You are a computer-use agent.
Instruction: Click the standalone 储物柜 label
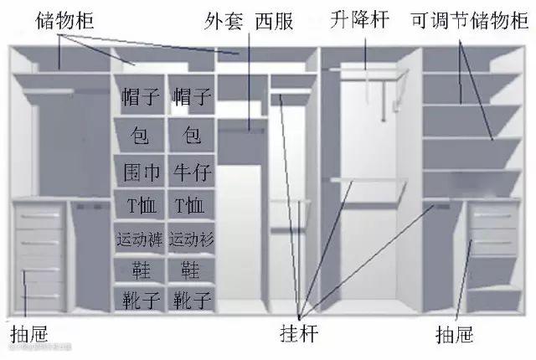(64, 20)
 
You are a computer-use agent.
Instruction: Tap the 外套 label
(224, 20)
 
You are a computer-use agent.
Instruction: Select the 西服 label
(275, 20)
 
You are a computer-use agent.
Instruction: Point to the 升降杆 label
(359, 20)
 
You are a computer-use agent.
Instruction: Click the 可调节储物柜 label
(470, 20)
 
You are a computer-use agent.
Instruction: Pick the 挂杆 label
(299, 333)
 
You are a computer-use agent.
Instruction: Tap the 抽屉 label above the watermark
(29, 334)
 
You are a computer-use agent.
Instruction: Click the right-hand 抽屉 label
(454, 334)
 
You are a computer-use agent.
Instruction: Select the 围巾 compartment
(139, 171)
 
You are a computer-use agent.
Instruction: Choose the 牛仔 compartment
(192, 171)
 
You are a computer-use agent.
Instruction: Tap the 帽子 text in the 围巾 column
(141, 96)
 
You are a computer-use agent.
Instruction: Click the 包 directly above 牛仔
(192, 134)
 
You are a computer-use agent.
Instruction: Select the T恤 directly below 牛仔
(189, 205)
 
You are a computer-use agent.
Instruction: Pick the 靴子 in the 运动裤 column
(141, 300)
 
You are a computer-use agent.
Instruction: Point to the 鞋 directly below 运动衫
(190, 270)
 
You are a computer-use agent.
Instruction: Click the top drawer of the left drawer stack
(39, 216)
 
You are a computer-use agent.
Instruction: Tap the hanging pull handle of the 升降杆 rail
(384, 101)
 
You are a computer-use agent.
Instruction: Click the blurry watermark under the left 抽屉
(40, 347)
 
